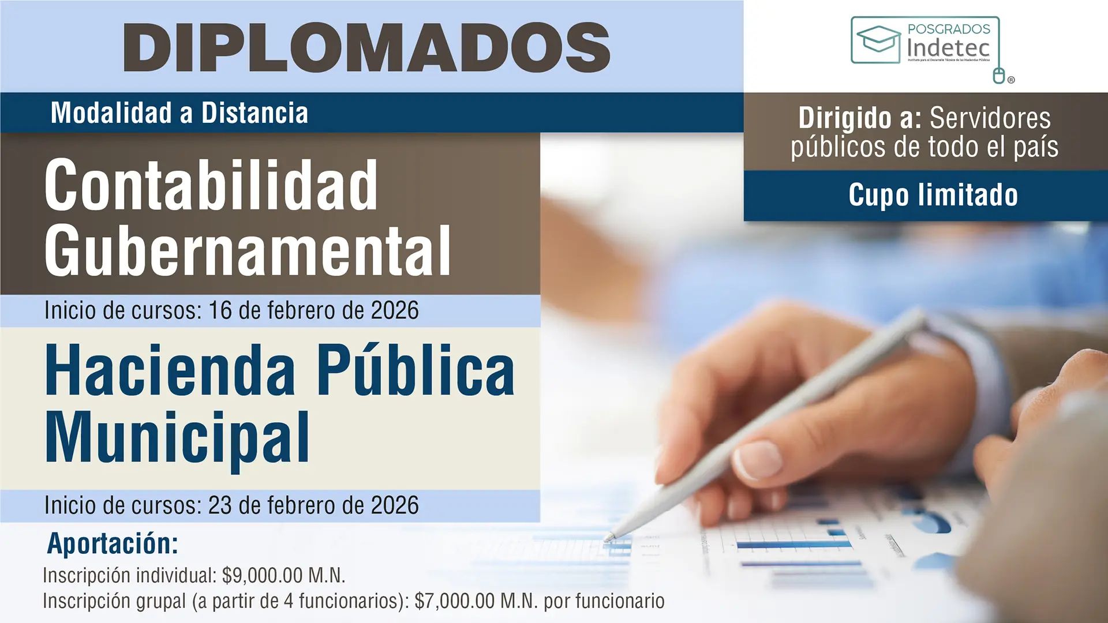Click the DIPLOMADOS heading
(x=367, y=47)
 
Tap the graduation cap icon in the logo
(x=878, y=39)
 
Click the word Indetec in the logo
(x=948, y=48)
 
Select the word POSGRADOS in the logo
(x=949, y=29)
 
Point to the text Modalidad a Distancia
(x=179, y=113)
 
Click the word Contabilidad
(x=211, y=186)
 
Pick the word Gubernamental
(x=248, y=252)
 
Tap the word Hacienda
(x=170, y=371)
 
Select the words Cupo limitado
(x=933, y=195)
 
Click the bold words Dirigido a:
(x=860, y=119)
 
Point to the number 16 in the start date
(x=220, y=311)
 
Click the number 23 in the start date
(x=220, y=506)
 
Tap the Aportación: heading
(x=113, y=543)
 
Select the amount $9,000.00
(x=263, y=576)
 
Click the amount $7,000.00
(x=455, y=601)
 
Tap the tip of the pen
(x=608, y=539)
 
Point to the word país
(x=1036, y=148)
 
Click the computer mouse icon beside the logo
(x=999, y=76)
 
